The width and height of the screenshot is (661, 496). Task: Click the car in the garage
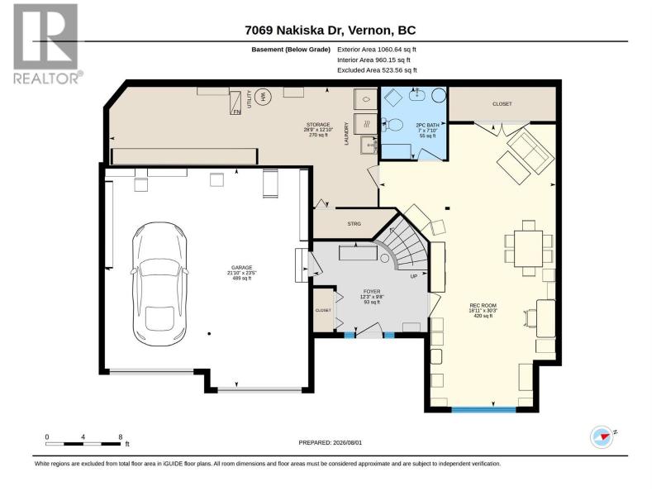[x=159, y=284]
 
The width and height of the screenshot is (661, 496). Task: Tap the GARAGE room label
[x=241, y=267]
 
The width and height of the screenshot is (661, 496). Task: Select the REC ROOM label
[x=483, y=305]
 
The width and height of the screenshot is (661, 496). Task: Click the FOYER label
[x=371, y=292]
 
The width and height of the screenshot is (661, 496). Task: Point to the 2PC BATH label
[x=427, y=126]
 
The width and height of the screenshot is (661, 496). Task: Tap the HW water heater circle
[x=264, y=97]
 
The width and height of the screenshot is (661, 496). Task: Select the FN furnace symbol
[x=235, y=103]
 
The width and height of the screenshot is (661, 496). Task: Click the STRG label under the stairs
[x=354, y=224]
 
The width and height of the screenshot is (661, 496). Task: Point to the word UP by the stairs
[x=414, y=277]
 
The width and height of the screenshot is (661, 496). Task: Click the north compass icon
[x=602, y=437]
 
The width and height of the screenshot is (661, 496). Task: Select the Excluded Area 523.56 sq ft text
[x=377, y=70]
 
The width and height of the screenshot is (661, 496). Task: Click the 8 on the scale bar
[x=121, y=437]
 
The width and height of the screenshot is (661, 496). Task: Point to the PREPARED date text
[x=330, y=443]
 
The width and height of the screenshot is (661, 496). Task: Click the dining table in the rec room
[x=529, y=249]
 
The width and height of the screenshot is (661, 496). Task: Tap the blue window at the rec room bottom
[x=484, y=409]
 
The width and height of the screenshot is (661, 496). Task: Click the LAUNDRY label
[x=347, y=134]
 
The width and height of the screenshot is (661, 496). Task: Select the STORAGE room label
[x=318, y=125]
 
